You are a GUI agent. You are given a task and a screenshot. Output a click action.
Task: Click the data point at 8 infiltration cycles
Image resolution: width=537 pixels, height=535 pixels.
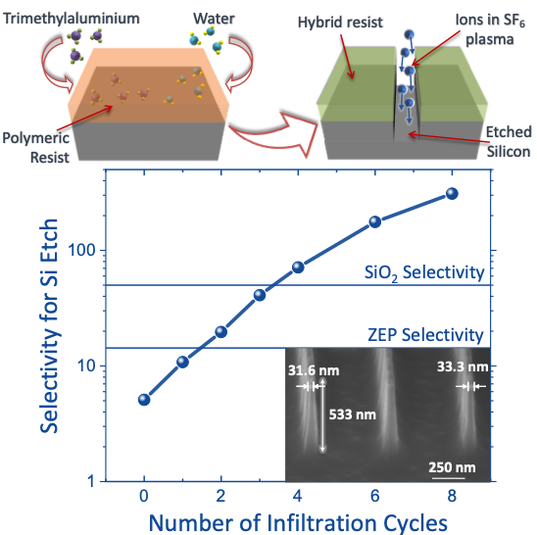[x=452, y=193]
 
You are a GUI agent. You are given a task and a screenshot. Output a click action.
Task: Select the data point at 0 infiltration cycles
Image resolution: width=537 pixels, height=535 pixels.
[x=144, y=400]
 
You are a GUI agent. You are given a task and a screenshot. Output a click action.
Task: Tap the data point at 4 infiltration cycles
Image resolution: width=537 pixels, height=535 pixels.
[x=298, y=267]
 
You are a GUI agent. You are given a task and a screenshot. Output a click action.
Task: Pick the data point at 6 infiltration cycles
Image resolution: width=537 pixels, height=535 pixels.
[x=375, y=222]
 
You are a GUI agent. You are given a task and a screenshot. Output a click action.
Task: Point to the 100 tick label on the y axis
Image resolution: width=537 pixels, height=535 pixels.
[x=82, y=251]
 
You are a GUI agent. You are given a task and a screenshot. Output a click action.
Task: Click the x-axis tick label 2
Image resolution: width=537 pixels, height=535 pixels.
[x=220, y=496]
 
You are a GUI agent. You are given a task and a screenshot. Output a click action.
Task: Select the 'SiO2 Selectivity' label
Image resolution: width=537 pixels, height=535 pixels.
[x=424, y=273]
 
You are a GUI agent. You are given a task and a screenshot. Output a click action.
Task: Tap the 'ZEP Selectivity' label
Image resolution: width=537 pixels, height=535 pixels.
[x=425, y=335]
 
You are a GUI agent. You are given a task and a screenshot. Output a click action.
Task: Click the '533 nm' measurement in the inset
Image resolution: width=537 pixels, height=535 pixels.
[x=353, y=414]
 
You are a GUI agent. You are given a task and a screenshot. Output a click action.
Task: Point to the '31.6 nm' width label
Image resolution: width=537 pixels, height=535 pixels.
[x=314, y=370]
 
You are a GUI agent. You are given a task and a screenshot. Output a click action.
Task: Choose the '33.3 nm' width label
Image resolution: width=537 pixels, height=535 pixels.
[x=463, y=366]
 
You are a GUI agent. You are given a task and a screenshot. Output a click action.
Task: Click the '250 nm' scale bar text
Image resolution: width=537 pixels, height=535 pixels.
[x=452, y=467]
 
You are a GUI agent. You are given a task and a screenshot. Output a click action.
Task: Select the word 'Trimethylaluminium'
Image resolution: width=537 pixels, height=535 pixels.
[x=72, y=19]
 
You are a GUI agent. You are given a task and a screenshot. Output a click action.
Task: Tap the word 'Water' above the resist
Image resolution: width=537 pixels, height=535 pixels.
[x=214, y=19]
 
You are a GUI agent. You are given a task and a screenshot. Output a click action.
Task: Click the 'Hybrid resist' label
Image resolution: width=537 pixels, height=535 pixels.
[x=340, y=23]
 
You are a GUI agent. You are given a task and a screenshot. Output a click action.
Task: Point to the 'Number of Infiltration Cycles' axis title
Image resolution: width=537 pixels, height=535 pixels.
[x=298, y=523]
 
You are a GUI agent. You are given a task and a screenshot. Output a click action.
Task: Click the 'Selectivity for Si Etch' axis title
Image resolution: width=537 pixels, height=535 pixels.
[x=49, y=325]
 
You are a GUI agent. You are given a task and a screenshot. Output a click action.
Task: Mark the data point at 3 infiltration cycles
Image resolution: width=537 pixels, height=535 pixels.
[x=260, y=295]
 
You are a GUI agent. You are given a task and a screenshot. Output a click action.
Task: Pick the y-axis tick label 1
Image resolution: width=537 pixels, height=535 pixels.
[x=91, y=482]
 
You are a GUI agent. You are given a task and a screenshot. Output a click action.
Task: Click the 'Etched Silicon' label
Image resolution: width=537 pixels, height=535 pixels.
[x=509, y=142]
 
